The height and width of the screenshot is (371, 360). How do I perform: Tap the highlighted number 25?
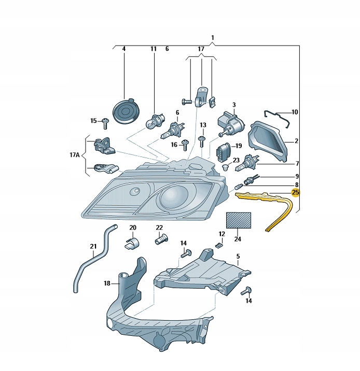[296, 193]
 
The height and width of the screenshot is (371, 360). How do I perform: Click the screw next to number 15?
[105, 122]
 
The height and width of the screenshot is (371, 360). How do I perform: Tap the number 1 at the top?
[213, 38]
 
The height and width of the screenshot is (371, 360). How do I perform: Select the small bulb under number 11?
[154, 121]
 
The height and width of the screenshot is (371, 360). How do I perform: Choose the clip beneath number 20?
[133, 242]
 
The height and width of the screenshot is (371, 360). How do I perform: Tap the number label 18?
[107, 283]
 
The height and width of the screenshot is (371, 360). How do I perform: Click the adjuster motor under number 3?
[232, 124]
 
